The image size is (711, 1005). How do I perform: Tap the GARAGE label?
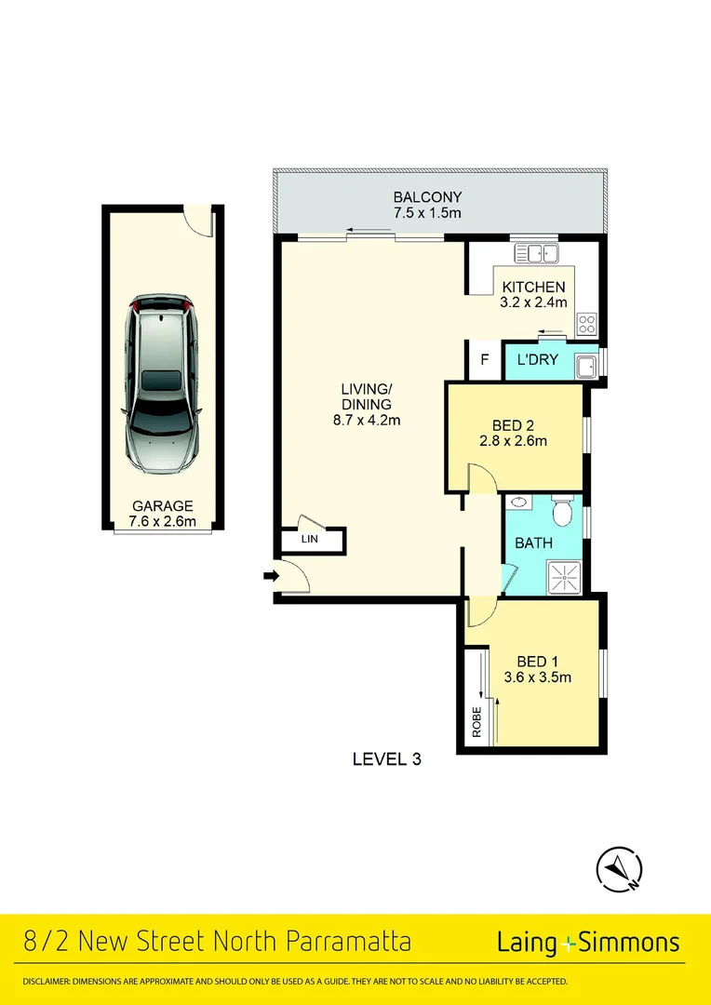[x=163, y=506]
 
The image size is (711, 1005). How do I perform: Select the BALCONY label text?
[x=427, y=197]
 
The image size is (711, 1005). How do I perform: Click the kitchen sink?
[x=535, y=252]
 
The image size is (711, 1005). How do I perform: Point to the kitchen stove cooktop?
[x=587, y=324]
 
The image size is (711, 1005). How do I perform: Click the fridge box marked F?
[x=484, y=359]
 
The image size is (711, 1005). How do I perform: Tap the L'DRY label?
[x=536, y=359]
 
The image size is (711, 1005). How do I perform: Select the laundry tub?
[x=585, y=366]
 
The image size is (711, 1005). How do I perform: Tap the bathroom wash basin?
[x=518, y=503]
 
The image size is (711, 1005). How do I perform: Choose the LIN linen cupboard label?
[x=308, y=540]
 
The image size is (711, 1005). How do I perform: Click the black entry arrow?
[x=271, y=577]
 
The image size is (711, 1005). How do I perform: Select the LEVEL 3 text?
[x=387, y=758]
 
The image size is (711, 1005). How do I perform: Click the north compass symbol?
[x=618, y=868]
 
